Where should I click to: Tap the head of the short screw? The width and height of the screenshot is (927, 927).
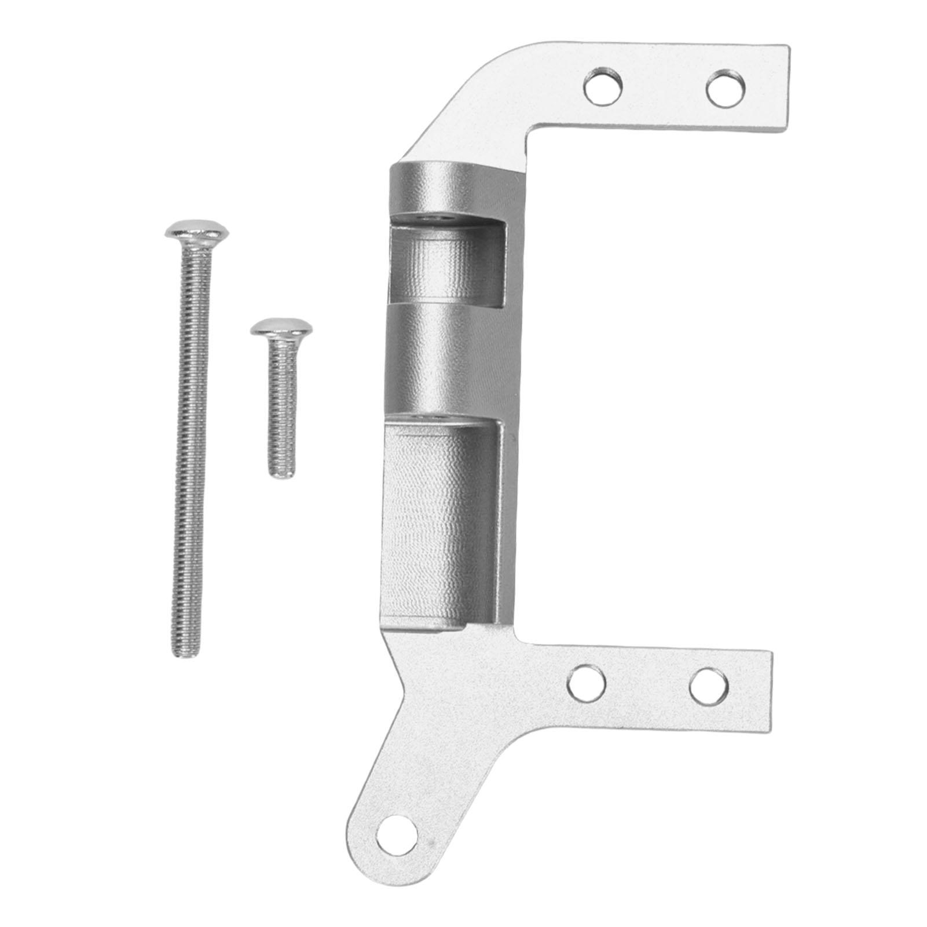[282, 328]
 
